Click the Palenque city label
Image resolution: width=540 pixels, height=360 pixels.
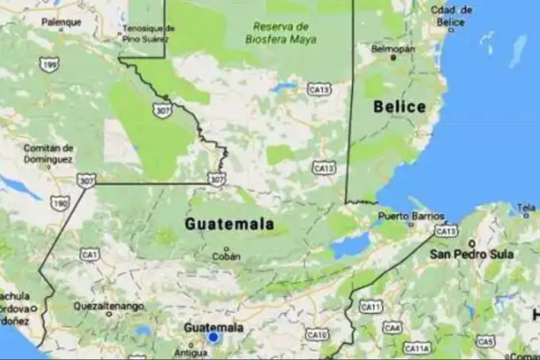coord(61,22)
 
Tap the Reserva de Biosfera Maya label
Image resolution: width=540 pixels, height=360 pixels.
coord(281,33)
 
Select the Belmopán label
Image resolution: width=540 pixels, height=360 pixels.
coord(393,49)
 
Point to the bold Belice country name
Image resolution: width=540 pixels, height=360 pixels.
coord(400,107)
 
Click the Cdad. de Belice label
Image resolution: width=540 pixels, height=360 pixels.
coord(452,16)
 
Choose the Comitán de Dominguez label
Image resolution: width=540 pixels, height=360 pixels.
coord(48,153)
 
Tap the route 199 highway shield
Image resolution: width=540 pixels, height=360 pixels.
coord(49,64)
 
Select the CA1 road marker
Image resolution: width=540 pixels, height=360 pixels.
coord(89,254)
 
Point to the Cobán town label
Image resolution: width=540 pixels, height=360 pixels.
coord(226,256)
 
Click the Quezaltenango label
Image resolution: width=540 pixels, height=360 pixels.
coord(109,307)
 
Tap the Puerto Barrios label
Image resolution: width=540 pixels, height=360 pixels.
coord(411,216)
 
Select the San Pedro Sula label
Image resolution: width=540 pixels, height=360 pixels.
coord(472,254)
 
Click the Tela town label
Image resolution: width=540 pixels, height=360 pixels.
coord(526,208)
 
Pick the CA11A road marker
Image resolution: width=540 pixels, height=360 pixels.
coord(416,349)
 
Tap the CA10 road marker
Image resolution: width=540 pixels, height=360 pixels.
coord(317,334)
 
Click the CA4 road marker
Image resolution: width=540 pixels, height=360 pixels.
coord(392,328)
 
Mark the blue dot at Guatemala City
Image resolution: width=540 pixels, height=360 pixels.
coord(213,338)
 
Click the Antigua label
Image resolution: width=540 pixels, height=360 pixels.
coord(190,353)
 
